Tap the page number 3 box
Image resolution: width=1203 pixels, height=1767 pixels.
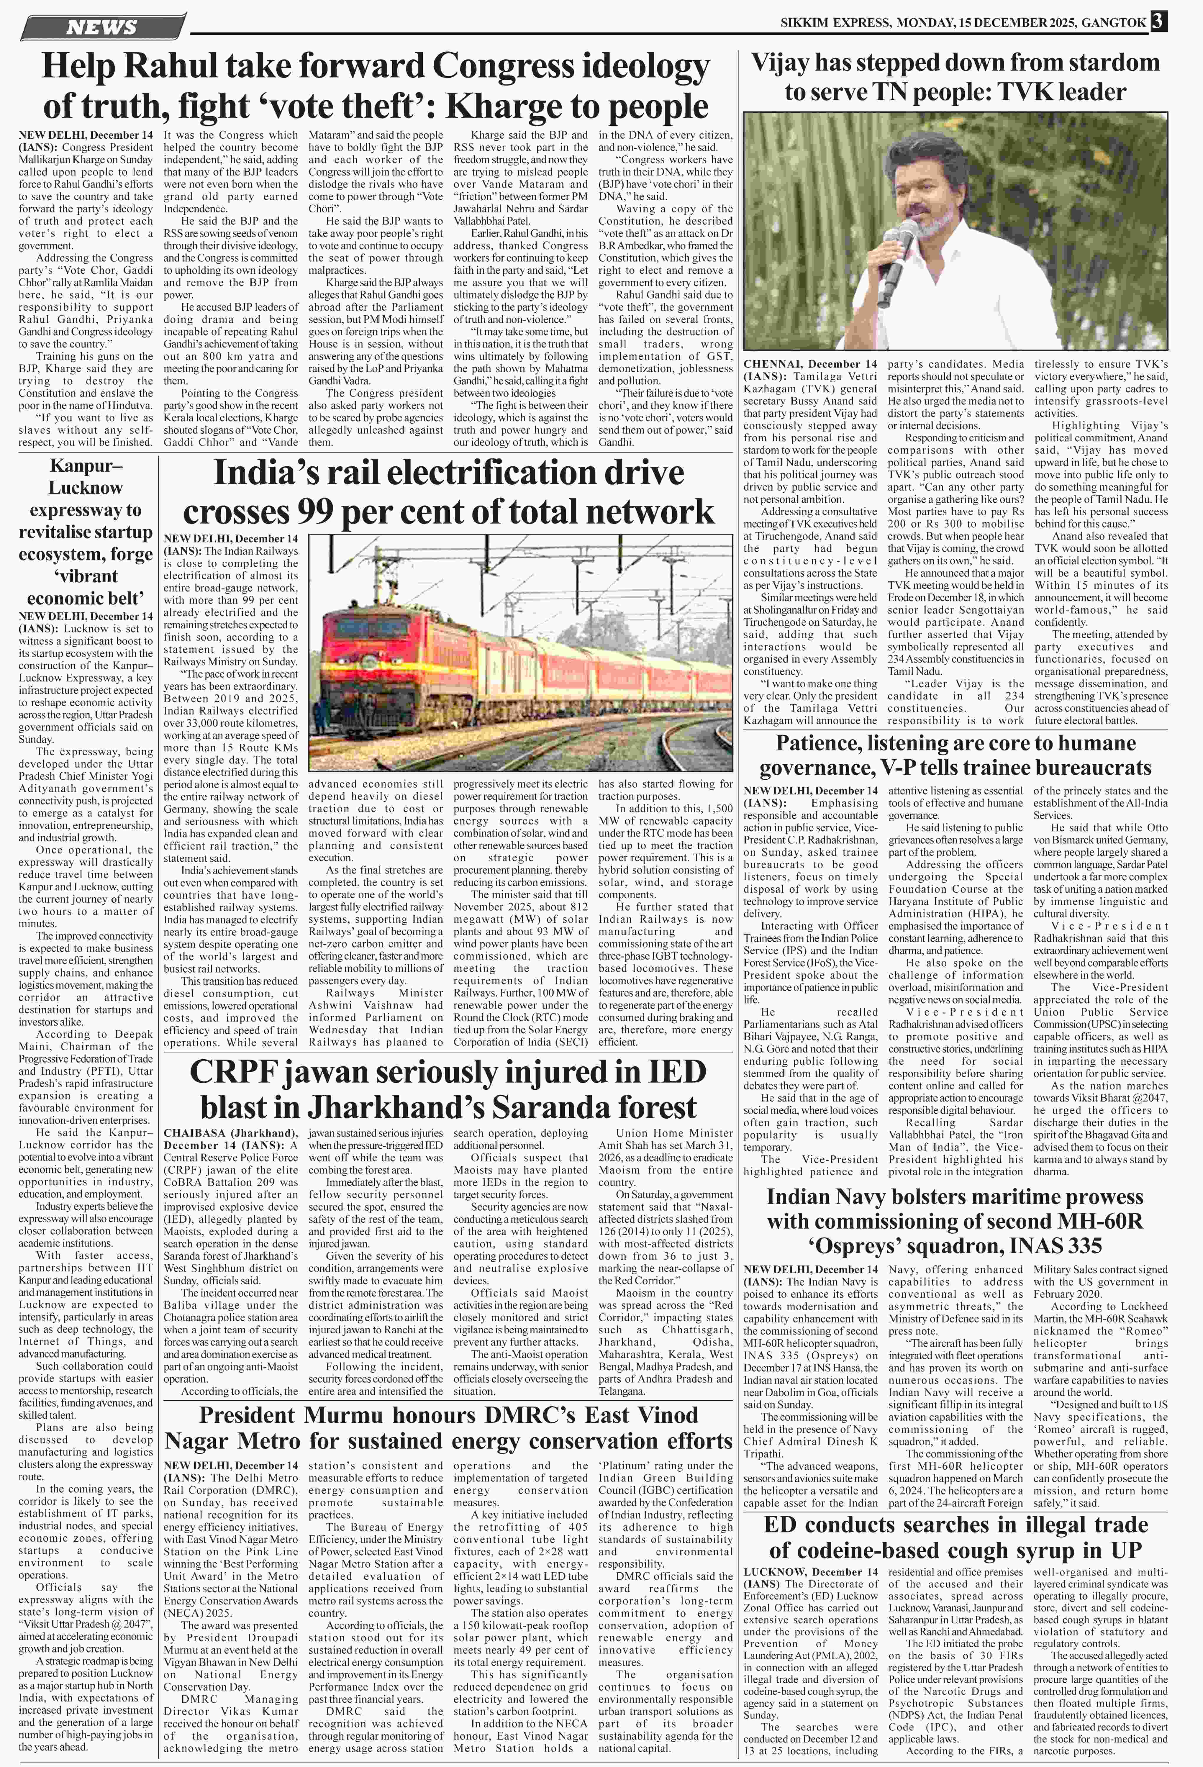click(1158, 22)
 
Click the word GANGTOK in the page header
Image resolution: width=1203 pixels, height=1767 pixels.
click(1113, 23)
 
